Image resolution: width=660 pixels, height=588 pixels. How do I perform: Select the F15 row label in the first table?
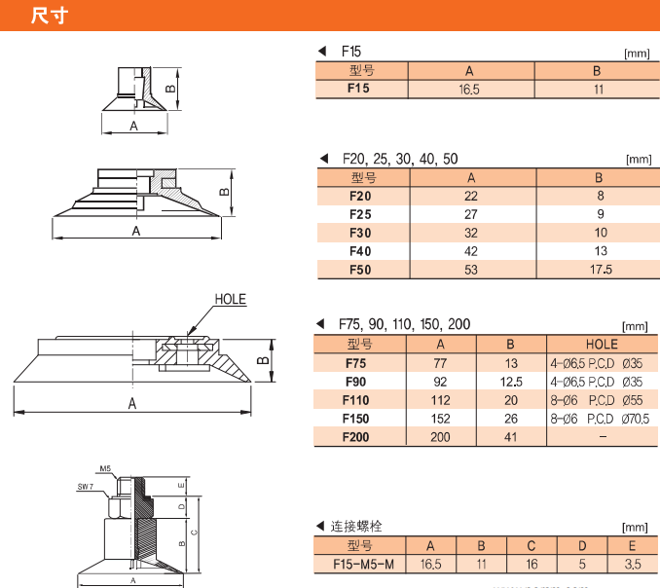pos(359,89)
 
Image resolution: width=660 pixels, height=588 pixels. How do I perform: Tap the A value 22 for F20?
pos(471,196)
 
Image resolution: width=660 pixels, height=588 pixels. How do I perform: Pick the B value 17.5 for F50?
pos(599,270)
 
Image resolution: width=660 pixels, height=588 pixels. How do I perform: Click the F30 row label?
pos(359,233)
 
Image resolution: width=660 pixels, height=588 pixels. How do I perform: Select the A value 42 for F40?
pos(471,251)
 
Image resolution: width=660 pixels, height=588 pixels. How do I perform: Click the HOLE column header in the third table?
pos(601,344)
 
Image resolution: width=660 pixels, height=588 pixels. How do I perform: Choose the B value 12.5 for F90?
pos(510,382)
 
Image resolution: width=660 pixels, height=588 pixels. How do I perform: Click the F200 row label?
pos(359,437)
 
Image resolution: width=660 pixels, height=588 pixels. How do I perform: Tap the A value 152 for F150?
pos(440,419)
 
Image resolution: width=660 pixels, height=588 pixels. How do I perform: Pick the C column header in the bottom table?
pos(532,545)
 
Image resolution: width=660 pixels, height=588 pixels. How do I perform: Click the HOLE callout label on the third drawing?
pos(230,300)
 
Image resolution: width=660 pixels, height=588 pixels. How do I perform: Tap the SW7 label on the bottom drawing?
pos(85,486)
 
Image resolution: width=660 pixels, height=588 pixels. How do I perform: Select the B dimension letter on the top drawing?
pos(169,87)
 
